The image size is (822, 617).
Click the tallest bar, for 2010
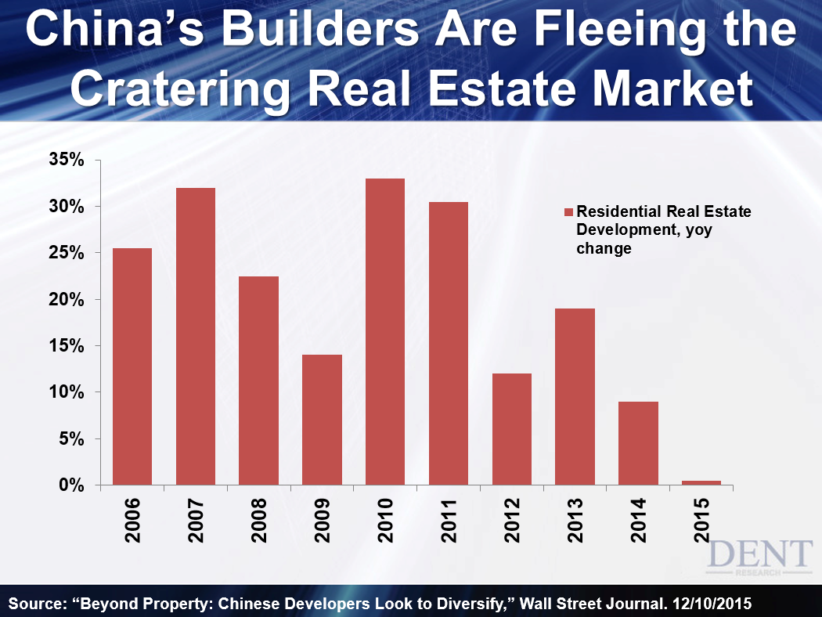pos(385,332)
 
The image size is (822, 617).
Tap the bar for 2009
pos(322,420)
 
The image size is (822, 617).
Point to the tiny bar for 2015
pos(701,482)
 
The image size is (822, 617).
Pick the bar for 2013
pos(575,397)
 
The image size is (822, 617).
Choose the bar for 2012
pos(512,429)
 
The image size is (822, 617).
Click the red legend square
pos(569,212)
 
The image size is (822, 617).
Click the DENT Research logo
pos(759,558)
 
